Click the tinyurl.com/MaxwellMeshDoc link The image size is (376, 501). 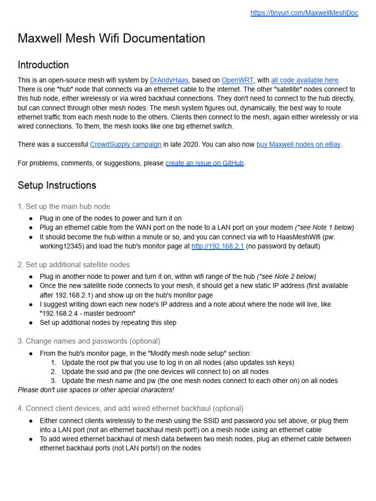(x=304, y=13)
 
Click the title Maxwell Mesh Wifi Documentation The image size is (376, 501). (x=111, y=39)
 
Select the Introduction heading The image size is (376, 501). (x=43, y=65)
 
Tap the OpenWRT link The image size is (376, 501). (x=237, y=80)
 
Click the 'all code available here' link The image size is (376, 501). (x=305, y=80)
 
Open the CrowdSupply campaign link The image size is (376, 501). (x=125, y=144)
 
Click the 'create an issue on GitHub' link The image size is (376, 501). (x=205, y=163)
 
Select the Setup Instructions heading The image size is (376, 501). (x=57, y=185)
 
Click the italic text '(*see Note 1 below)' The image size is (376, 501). (x=324, y=228)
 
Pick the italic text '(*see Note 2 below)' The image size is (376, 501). (x=286, y=276)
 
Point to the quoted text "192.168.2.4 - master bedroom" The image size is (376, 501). (x=88, y=313)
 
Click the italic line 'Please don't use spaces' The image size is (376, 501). (x=96, y=390)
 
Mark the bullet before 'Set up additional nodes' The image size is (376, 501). (x=31, y=323)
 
